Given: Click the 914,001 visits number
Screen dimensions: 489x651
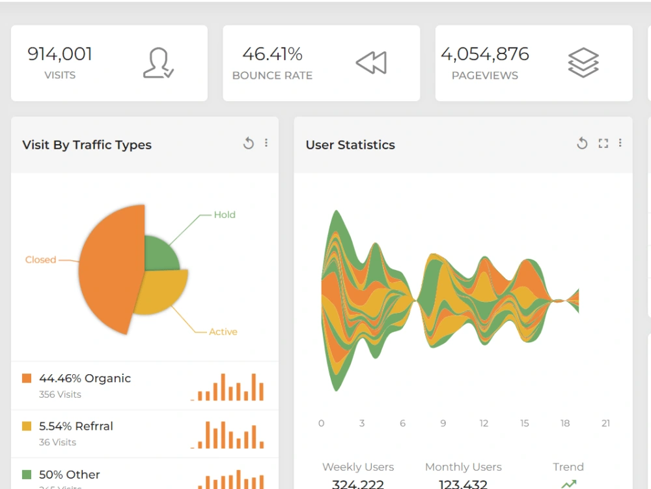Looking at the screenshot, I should click(60, 54).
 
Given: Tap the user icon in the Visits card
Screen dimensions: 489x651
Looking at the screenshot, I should click(158, 63).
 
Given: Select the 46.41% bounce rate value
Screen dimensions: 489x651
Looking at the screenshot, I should click(272, 54).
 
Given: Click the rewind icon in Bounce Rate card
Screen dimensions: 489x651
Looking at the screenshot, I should click(371, 63).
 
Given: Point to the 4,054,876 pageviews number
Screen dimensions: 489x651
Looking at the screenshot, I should click(485, 54).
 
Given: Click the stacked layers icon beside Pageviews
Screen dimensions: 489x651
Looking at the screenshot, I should click(583, 63).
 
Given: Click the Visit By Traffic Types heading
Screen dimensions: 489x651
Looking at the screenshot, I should click(87, 145).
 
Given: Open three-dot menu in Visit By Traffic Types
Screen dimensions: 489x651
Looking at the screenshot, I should click(266, 143).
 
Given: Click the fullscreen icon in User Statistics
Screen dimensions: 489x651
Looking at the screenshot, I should click(603, 143).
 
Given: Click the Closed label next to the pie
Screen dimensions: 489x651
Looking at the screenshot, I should click(40, 259).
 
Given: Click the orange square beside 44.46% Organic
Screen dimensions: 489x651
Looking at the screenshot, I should click(27, 378).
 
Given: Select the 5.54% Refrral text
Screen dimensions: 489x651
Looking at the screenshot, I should click(76, 426).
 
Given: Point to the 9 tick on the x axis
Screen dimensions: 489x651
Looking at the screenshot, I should click(443, 423).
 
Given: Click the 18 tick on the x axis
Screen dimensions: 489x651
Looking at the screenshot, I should click(565, 423).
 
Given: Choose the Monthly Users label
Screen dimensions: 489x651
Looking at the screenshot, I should click(463, 467).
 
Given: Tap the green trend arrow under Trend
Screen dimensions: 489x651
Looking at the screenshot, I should click(569, 484).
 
